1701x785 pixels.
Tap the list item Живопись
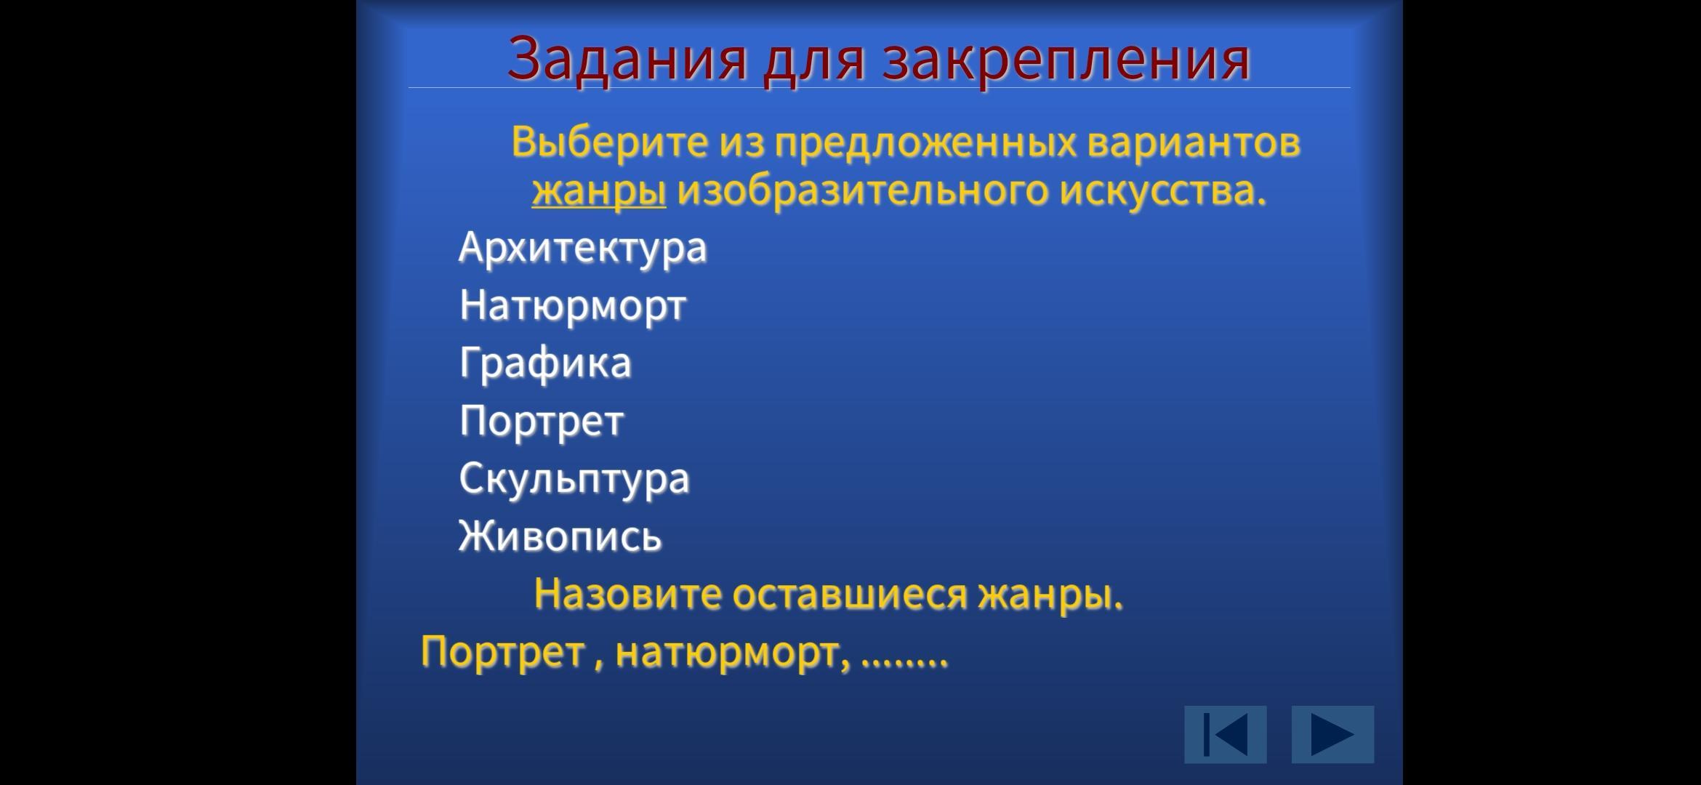pyautogui.click(x=560, y=536)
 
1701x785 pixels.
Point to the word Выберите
pyautogui.click(x=609, y=142)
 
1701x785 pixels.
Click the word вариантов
pyautogui.click(x=1194, y=142)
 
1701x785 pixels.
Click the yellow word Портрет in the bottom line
pyautogui.click(x=503, y=651)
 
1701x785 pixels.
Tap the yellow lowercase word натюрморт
pyautogui.click(x=732, y=653)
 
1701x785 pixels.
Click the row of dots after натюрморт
pyautogui.click(x=904, y=661)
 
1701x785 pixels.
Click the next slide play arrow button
pyautogui.click(x=1332, y=734)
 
